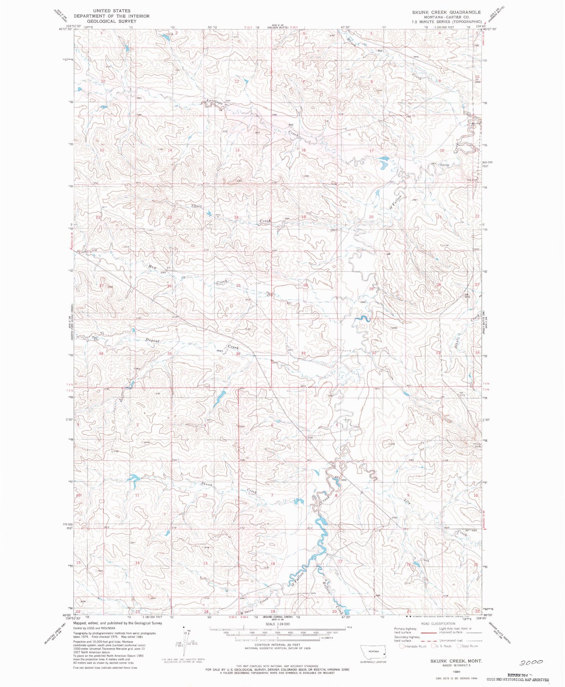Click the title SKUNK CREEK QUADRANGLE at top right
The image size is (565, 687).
446,12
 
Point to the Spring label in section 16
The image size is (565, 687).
445,165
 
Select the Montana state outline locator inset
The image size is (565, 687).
373,653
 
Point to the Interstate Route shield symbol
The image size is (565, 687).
402,646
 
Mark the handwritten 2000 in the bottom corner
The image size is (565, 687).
531,662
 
